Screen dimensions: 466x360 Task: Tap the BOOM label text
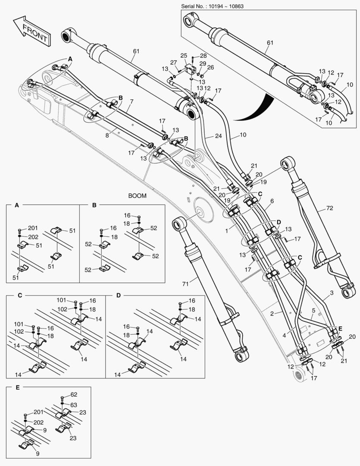pos(137,195)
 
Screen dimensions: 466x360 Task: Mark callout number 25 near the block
pos(183,56)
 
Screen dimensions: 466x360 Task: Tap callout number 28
pos(203,56)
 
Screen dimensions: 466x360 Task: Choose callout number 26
pos(210,67)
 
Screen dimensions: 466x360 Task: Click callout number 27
pos(173,62)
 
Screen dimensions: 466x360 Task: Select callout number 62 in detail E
pos(74,394)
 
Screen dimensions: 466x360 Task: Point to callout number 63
pos(74,405)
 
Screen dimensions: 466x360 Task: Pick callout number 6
pos(272,202)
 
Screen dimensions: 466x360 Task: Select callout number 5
pos(313,310)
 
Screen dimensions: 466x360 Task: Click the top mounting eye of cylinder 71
pos(179,224)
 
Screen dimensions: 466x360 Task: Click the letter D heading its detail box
pos(119,296)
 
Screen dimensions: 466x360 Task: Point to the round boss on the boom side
pos(200,213)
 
